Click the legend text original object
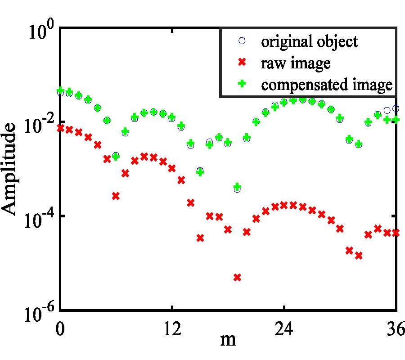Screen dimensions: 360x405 310,42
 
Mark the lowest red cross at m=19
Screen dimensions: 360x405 237,277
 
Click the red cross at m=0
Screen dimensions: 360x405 60,128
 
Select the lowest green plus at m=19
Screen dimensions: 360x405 237,186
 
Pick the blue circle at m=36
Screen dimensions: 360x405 396,108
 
